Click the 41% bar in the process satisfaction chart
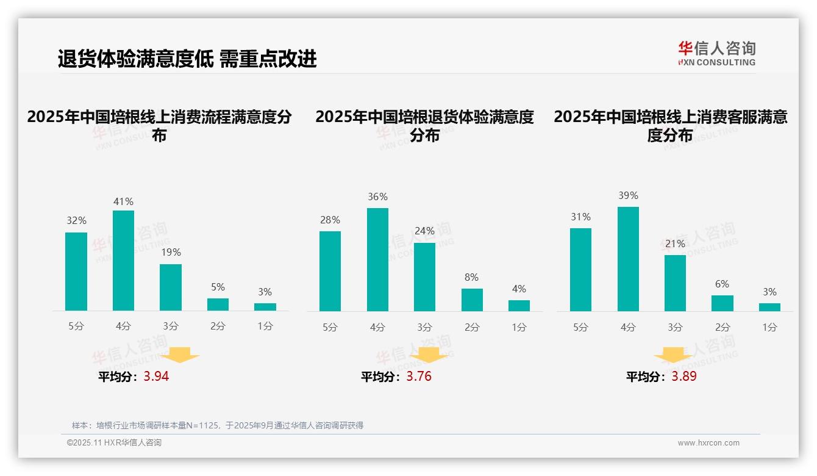click(x=123, y=261)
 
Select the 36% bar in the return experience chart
click(x=377, y=259)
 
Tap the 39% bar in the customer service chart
click(x=628, y=259)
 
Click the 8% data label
click(x=471, y=277)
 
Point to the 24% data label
click(x=424, y=231)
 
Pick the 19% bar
click(x=171, y=287)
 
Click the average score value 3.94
click(x=156, y=377)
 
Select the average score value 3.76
click(x=419, y=377)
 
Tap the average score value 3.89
click(x=684, y=377)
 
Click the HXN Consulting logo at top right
click(x=716, y=53)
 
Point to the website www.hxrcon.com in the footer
click(x=708, y=443)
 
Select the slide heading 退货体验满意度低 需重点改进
click(x=187, y=59)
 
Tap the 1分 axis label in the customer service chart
click(x=769, y=327)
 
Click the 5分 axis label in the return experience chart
click(x=330, y=327)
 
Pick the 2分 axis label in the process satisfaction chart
click(x=218, y=326)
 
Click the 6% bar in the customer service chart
click(x=722, y=303)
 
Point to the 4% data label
click(x=519, y=289)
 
